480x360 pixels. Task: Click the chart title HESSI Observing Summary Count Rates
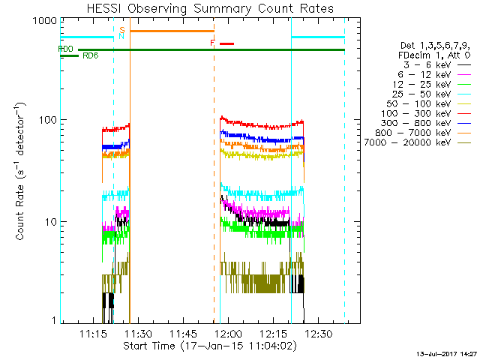tap(209, 8)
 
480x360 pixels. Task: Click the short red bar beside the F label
tap(226, 43)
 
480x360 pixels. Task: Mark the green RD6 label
tap(90, 55)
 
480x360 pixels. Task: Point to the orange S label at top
tap(121, 29)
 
